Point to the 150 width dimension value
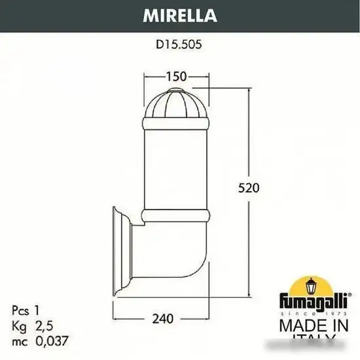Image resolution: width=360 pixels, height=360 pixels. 175,77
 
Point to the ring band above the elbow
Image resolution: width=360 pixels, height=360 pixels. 175,215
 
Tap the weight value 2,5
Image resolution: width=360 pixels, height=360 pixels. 43,325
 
